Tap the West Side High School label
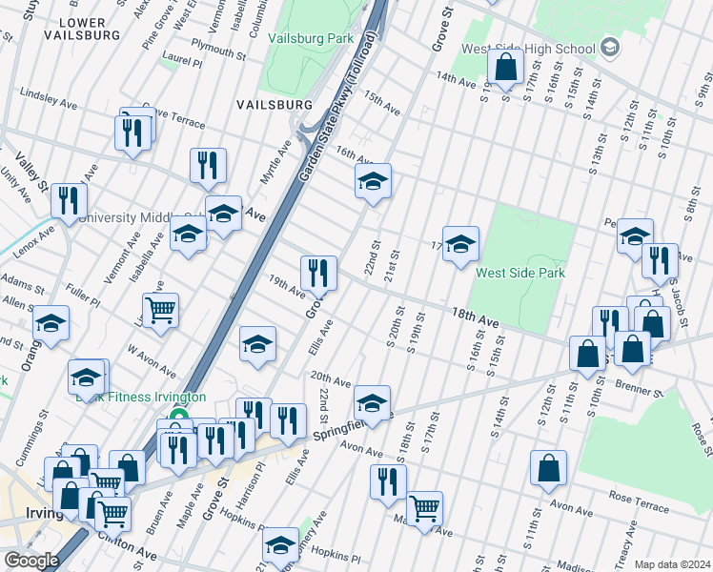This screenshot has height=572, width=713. pyautogui.click(x=528, y=49)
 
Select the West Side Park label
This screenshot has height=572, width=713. pyautogui.click(x=520, y=273)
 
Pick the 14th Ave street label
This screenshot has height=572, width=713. pyautogui.click(x=456, y=75)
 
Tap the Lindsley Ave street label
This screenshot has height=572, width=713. pyautogui.click(x=48, y=97)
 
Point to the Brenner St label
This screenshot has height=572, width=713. pyautogui.click(x=639, y=390)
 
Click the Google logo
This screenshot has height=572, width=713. pyautogui.click(x=31, y=561)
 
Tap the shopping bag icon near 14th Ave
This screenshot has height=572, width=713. pyautogui.click(x=505, y=66)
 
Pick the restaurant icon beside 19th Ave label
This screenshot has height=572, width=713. pyautogui.click(x=318, y=272)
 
